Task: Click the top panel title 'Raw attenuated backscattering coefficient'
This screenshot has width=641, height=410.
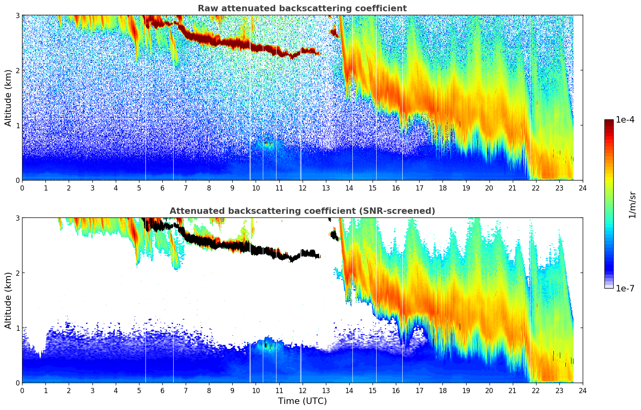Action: pyautogui.click(x=302, y=8)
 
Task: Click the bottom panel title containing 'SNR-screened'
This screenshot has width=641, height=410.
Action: pyautogui.click(x=302, y=211)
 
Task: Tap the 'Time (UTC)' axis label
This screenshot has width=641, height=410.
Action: pyautogui.click(x=302, y=401)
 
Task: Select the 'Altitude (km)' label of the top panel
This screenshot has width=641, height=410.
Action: pyautogui.click(x=8, y=98)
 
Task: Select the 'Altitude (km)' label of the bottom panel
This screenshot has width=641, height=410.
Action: pyautogui.click(x=8, y=300)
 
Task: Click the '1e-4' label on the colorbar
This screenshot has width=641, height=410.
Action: pyautogui.click(x=625, y=120)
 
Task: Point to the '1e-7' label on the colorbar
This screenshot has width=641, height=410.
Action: pyautogui.click(x=625, y=288)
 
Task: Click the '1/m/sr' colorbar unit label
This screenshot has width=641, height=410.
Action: pyautogui.click(x=632, y=205)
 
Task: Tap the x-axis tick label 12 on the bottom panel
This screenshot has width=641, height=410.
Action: pyautogui.click(x=302, y=390)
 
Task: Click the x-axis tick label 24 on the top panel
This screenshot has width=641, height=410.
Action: pyautogui.click(x=582, y=188)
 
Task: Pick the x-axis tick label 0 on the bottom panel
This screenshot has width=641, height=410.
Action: pyautogui.click(x=22, y=390)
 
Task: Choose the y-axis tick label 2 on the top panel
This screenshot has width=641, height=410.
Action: pyautogui.click(x=17, y=70)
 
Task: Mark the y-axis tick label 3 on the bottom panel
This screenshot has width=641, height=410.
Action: pyautogui.click(x=17, y=218)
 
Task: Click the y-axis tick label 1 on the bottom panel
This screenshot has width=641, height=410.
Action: pyautogui.click(x=17, y=328)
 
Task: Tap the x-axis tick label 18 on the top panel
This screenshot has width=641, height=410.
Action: pyautogui.click(x=442, y=188)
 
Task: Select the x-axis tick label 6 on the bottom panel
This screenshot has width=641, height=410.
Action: pyautogui.click(x=162, y=390)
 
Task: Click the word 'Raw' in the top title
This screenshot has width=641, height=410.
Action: pyautogui.click(x=207, y=8)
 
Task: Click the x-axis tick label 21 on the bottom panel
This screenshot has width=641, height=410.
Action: pyautogui.click(x=512, y=390)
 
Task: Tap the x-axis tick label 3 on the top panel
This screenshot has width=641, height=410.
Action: pyautogui.click(x=92, y=188)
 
